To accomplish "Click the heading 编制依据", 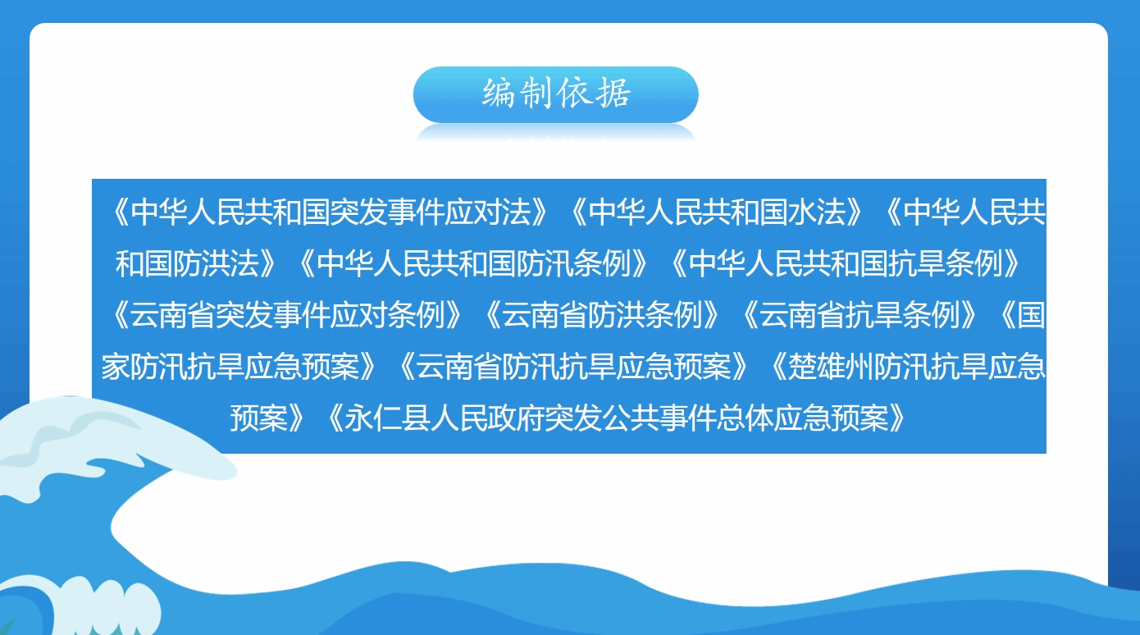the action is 556,93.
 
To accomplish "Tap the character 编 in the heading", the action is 499,93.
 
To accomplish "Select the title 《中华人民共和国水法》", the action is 715,212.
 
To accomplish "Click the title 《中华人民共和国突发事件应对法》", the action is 329,212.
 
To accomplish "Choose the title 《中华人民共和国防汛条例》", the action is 472,263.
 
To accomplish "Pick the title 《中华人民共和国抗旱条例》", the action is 844,263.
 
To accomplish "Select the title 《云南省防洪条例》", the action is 600,315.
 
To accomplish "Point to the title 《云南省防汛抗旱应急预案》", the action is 572,366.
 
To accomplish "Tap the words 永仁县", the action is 387,418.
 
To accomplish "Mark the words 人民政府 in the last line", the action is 487,418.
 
